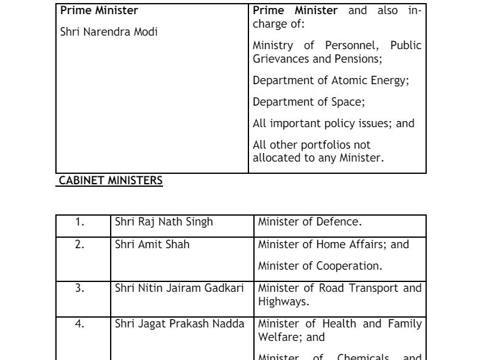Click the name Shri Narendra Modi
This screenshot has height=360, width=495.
pos(109,31)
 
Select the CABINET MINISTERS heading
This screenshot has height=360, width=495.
pos(110,181)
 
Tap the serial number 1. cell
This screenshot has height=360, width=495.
pos(80,222)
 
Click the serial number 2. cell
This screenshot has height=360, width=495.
pos(80,245)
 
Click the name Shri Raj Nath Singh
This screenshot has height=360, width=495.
pos(164,222)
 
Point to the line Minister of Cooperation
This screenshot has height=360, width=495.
pos(318,266)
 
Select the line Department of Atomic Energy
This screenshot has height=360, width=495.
pos(331,80)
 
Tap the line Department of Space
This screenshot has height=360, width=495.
pos(309,101)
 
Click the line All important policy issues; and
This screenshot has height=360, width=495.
pos(333,123)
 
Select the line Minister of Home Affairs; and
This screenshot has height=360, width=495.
pos(333,245)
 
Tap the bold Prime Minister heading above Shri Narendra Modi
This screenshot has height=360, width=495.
pos(99,10)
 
